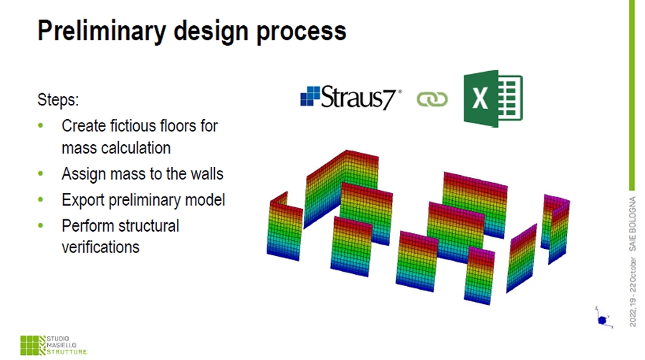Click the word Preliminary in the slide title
tap(102, 32)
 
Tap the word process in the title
tap(301, 32)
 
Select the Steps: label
tap(58, 100)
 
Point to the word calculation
tap(137, 148)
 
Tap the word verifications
tap(100, 247)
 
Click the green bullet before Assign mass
tap(40, 174)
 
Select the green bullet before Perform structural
tap(40, 225)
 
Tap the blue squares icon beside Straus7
tap(310, 96)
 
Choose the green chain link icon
tap(432, 99)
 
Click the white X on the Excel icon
tap(479, 99)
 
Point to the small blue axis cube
tap(602, 320)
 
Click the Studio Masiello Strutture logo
tap(54, 345)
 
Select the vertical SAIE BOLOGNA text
tap(632, 224)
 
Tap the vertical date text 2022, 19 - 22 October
tap(633, 292)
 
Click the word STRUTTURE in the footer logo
tap(67, 352)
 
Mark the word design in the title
tap(211, 32)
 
